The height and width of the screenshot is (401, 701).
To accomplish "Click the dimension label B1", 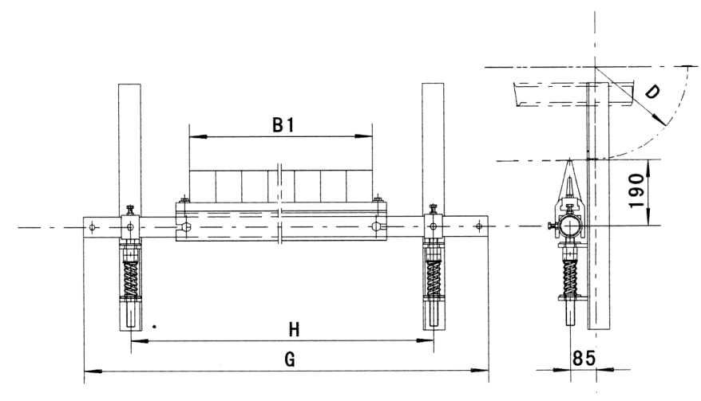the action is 283,125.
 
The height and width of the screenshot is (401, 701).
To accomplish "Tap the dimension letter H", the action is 294,330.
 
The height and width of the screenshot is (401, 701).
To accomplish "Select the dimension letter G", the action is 290,359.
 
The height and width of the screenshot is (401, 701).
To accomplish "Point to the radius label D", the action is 653,92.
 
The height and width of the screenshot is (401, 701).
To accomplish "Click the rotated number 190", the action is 636,191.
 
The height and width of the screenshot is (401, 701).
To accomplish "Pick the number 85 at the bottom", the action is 584,358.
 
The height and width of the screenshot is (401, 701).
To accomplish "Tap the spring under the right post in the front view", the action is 434,277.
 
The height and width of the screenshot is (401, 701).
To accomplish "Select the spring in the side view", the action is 569,277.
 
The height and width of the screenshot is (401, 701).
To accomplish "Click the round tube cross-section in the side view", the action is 570,226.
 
